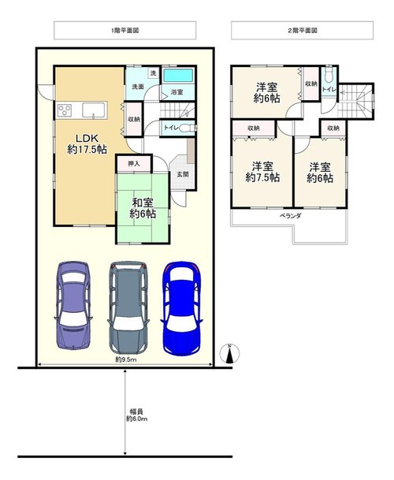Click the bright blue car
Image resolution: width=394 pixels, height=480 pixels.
coord(181,308)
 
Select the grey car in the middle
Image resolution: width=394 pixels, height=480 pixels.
coord(128,308)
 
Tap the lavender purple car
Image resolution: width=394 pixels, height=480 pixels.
coord(73,306)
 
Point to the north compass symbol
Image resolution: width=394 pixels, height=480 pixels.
coord(229,354)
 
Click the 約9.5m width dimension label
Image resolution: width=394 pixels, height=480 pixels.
coord(126,359)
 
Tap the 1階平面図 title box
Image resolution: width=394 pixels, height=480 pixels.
coord(125,30)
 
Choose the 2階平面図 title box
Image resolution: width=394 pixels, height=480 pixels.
coord(302,30)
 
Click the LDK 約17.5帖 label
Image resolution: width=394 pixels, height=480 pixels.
coord(87,144)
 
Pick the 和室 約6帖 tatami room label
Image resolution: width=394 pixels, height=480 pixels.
coord(143,208)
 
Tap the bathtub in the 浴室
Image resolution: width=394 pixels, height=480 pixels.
coord(178,76)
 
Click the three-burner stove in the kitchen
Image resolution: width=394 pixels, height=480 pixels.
coord(65,110)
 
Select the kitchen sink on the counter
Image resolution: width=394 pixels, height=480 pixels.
coord(93,110)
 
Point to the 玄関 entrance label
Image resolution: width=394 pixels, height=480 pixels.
coord(183,174)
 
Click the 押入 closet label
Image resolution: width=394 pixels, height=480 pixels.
coord(134,164)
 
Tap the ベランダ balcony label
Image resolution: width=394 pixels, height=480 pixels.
coord(291,216)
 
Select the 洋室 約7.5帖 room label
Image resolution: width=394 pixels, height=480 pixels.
coord(262,172)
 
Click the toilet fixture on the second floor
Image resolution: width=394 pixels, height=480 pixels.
coord(329,75)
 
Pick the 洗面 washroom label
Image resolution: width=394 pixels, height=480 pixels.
coord(138,87)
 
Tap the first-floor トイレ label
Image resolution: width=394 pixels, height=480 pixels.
coord(170,128)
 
